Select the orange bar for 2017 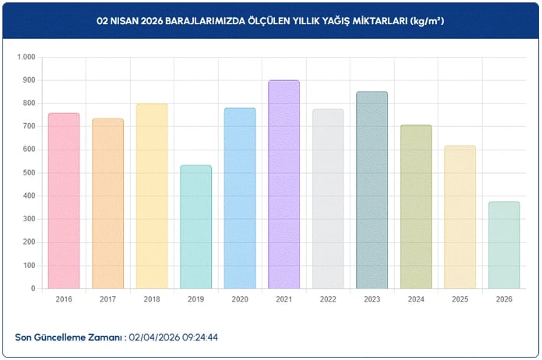pos(107,203)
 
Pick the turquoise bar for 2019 pos(195,227)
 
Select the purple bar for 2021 pos(283,185)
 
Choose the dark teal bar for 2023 pos(371,190)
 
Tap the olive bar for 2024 pos(416,206)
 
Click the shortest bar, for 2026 pos(504,245)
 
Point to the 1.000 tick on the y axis pos(26,58)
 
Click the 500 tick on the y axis pos(29,173)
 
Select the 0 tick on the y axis pos(33,288)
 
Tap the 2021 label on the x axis pos(283,298)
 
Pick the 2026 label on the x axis pos(504,298)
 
